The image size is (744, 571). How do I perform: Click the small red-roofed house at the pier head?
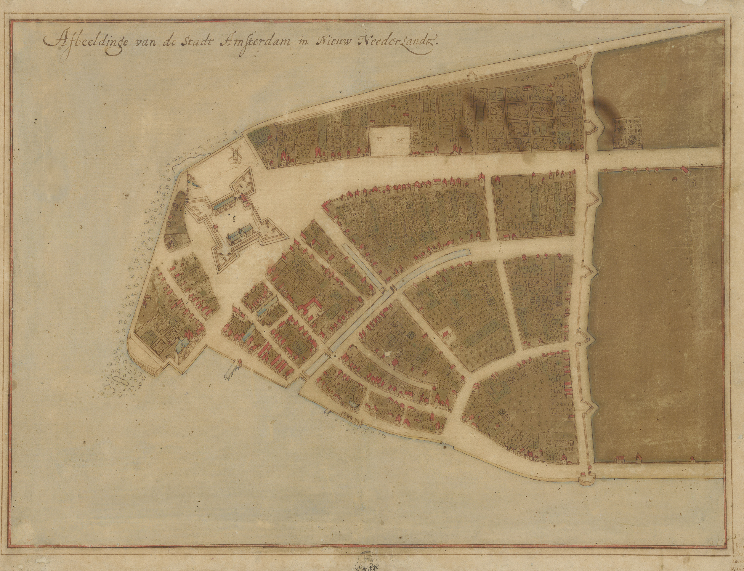(240, 363)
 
